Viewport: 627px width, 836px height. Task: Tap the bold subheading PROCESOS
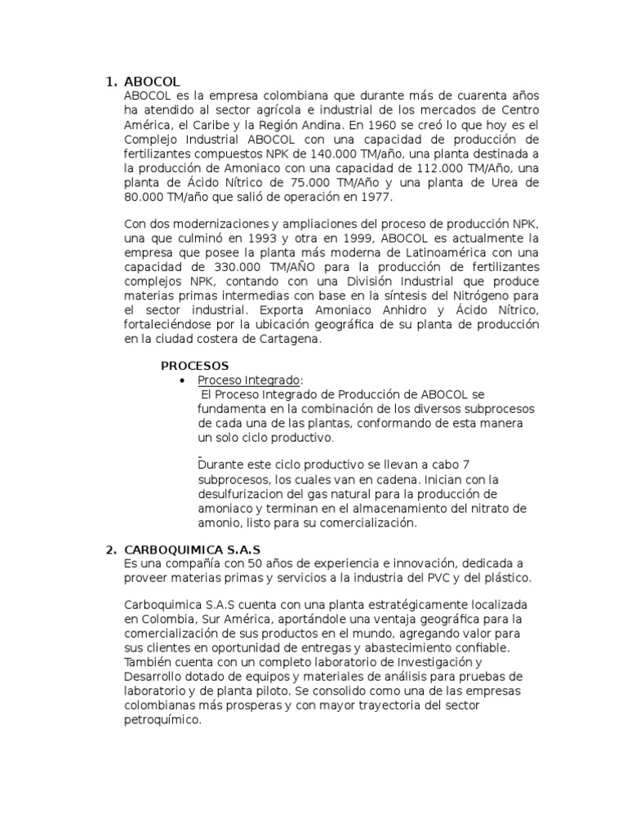(x=194, y=365)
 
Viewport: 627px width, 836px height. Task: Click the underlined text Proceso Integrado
(x=248, y=380)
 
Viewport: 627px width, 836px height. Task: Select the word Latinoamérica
(x=444, y=253)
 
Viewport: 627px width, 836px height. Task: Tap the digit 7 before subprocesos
(x=465, y=464)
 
